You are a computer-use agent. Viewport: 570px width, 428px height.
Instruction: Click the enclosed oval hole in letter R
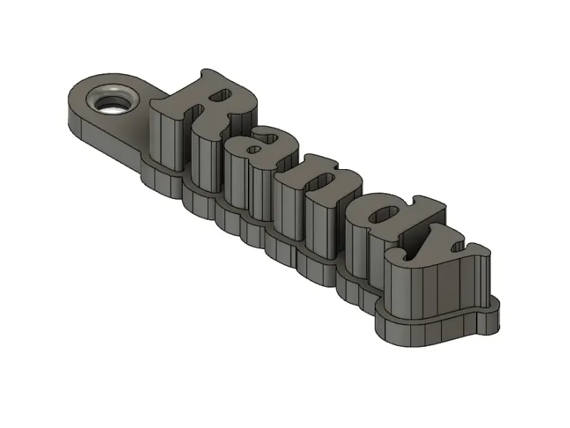[220, 96]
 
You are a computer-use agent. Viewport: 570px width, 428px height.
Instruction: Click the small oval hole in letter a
[254, 150]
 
